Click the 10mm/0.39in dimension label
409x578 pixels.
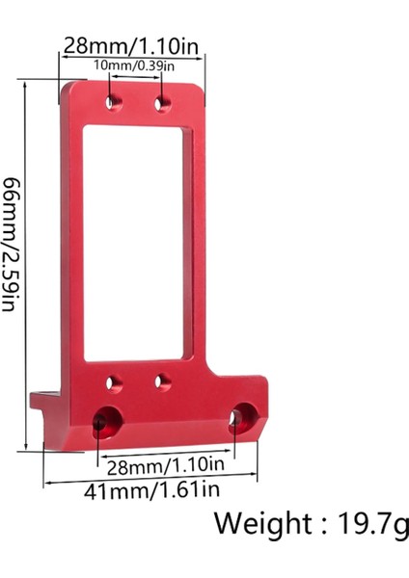tap(134, 66)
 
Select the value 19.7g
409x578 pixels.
tap(373, 525)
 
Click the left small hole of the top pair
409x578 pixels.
tap(114, 102)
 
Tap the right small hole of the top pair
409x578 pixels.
tap(163, 102)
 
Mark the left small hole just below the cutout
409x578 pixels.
tap(114, 382)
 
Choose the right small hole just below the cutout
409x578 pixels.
tap(163, 382)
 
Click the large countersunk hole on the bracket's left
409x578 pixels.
tap(107, 421)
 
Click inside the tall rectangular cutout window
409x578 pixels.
tap(137, 241)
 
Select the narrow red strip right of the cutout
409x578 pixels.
tap(200, 241)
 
